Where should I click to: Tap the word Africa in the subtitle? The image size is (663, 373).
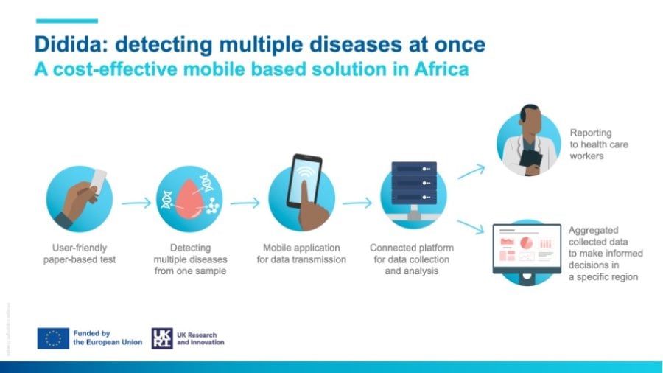click(442, 69)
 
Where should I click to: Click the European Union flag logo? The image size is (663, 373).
click(53, 338)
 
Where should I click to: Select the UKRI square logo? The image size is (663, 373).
click(162, 338)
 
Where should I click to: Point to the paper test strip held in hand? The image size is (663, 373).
click(99, 181)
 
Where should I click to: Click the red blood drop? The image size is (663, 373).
click(189, 199)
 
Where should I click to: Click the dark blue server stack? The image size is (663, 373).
click(414, 183)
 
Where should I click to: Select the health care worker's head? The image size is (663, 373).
click(530, 120)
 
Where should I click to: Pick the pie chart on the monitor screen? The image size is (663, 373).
click(526, 243)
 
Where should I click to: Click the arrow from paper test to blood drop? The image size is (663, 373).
click(136, 203)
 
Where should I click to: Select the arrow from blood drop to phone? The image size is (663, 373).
click(245, 203)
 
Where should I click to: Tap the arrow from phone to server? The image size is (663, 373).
click(357, 203)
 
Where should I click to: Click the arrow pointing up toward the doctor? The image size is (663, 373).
click(471, 172)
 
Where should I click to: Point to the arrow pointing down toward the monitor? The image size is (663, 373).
click(470, 226)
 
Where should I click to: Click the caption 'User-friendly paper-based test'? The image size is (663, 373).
click(80, 254)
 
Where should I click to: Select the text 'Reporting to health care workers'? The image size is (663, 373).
click(599, 144)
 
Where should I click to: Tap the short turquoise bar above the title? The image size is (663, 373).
click(67, 21)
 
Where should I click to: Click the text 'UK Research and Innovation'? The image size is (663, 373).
click(200, 338)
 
